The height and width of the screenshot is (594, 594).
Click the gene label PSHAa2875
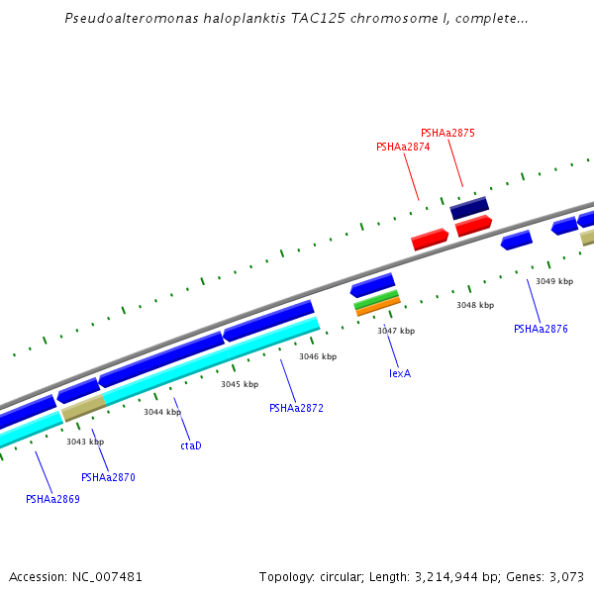(447, 133)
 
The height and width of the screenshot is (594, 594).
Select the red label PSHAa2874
(403, 147)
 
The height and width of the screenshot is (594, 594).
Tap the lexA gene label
(400, 373)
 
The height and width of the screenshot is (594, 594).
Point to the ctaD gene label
(191, 445)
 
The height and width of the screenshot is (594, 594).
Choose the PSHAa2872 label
(296, 408)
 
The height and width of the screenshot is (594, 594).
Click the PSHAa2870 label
(108, 477)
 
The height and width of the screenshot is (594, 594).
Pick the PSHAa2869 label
(52, 499)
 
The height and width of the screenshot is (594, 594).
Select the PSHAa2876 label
(541, 329)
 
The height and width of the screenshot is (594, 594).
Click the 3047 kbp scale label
(396, 331)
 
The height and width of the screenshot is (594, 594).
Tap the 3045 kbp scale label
(240, 384)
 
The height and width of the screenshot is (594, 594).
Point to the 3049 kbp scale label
(554, 281)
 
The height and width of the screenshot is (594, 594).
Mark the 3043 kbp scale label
(85, 442)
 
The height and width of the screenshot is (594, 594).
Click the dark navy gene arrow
(469, 209)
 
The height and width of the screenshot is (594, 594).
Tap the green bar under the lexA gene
(376, 299)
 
